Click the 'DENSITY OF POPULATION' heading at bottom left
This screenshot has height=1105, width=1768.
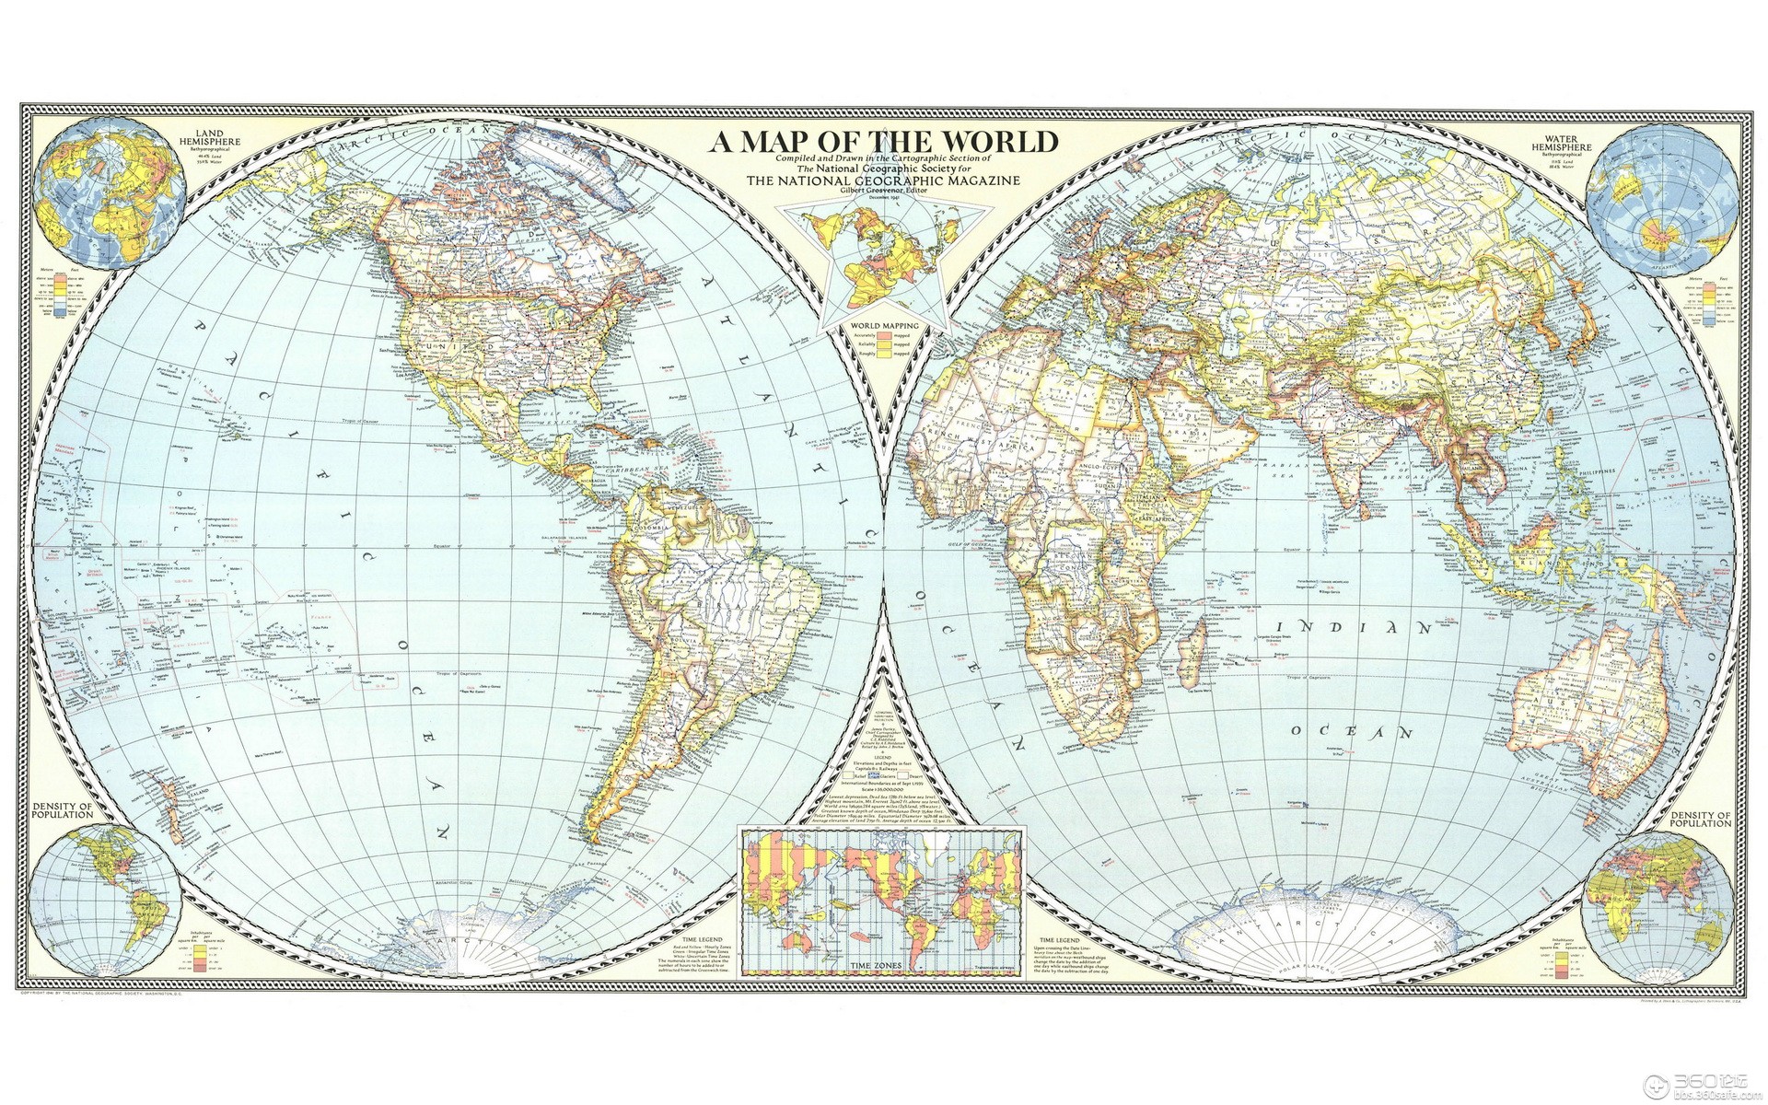[64, 810]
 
